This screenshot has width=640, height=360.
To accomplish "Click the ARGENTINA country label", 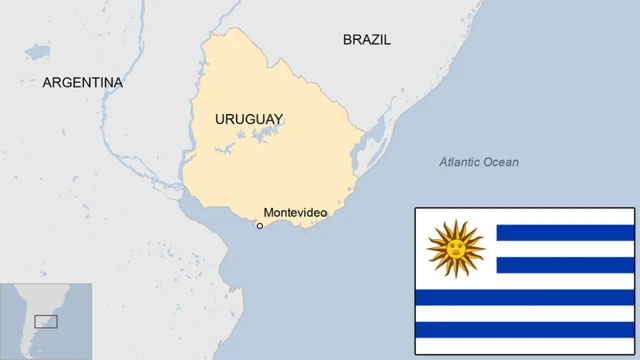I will tap(82, 83).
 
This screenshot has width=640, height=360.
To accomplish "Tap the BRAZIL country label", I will tap(367, 40).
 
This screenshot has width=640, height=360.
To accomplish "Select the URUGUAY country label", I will tap(249, 119).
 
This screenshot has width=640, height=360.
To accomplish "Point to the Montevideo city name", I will tap(295, 212).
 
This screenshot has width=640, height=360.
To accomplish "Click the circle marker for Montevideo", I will tap(260, 226).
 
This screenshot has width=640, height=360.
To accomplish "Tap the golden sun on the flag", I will tap(456, 248).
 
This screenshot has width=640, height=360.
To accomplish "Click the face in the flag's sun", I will tap(456, 248).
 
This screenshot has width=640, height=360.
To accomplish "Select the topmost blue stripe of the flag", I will tap(565, 233).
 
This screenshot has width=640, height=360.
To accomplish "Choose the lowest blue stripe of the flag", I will tap(525, 329).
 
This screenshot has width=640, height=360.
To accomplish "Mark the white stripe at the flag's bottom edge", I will tap(525, 346).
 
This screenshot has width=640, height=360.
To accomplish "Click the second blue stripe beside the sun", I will tap(565, 265).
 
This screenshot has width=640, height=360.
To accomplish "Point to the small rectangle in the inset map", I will tap(46, 321).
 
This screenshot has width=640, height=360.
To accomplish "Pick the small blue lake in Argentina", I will tap(37, 50).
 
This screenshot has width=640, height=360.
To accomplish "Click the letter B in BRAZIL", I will tap(347, 40).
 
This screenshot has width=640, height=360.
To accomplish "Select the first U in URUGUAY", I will tap(220, 119).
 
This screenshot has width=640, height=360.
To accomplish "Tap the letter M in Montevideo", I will tap(268, 212).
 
